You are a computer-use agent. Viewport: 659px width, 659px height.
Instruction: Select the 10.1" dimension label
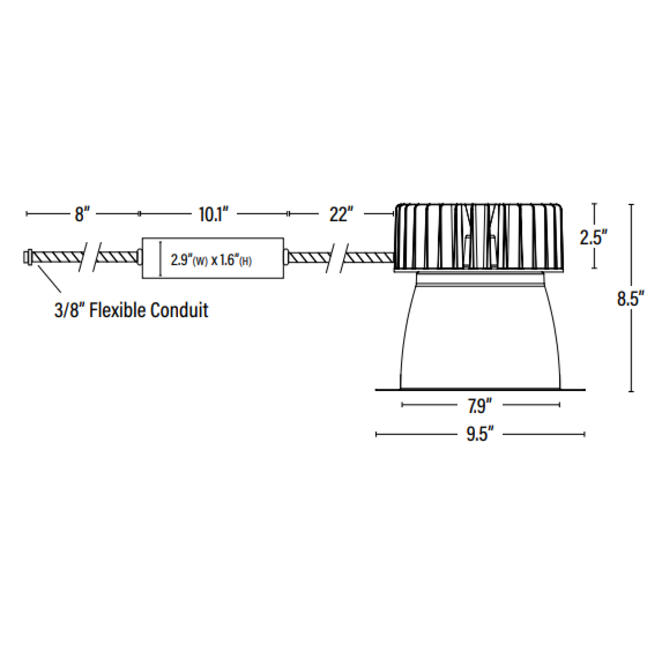click(x=214, y=214)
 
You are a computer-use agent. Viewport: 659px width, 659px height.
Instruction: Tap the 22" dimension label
click(x=341, y=214)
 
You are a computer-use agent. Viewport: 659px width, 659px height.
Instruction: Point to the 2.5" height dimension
click(x=593, y=237)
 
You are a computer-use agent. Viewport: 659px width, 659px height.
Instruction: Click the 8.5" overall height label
click(x=630, y=299)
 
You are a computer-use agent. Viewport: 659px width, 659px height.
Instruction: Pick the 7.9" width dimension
click(x=479, y=406)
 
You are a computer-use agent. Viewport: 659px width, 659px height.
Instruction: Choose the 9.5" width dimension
click(x=480, y=435)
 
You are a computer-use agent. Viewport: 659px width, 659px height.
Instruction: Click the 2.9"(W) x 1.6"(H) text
click(x=211, y=260)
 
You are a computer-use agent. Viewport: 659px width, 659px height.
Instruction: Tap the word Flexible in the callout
click(x=117, y=310)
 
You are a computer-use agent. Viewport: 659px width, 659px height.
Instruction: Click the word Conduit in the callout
click(x=179, y=310)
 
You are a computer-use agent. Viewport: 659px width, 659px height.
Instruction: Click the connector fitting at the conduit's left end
click(x=27, y=257)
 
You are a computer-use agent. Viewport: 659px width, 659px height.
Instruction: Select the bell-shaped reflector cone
click(x=480, y=338)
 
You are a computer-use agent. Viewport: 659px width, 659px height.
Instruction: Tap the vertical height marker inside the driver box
click(x=160, y=259)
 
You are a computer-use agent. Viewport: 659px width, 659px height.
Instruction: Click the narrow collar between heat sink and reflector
click(x=481, y=279)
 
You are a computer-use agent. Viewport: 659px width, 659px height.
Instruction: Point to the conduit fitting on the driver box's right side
click(x=286, y=257)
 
